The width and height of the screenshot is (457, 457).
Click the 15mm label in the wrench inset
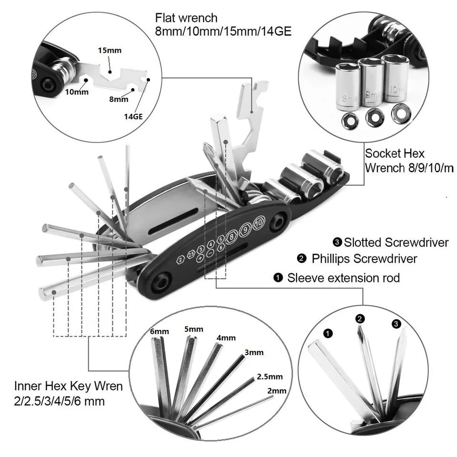[109, 50]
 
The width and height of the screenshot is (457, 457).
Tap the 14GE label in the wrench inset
[135, 115]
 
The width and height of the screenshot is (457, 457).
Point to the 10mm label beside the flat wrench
[77, 92]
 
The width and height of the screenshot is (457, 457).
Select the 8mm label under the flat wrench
[119, 99]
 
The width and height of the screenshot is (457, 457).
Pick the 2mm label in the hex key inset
[277, 390]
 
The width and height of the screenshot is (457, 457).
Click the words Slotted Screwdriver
[396, 242]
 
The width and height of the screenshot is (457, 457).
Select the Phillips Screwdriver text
[364, 258]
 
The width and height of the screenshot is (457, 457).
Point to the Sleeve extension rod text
[343, 278]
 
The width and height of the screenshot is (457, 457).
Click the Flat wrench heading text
[186, 18]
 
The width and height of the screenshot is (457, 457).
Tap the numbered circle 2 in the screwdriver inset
[360, 319]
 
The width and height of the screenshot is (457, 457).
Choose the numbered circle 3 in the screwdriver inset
[397, 324]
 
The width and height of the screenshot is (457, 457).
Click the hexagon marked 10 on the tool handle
[258, 222]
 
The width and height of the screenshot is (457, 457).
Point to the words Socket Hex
[394, 154]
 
